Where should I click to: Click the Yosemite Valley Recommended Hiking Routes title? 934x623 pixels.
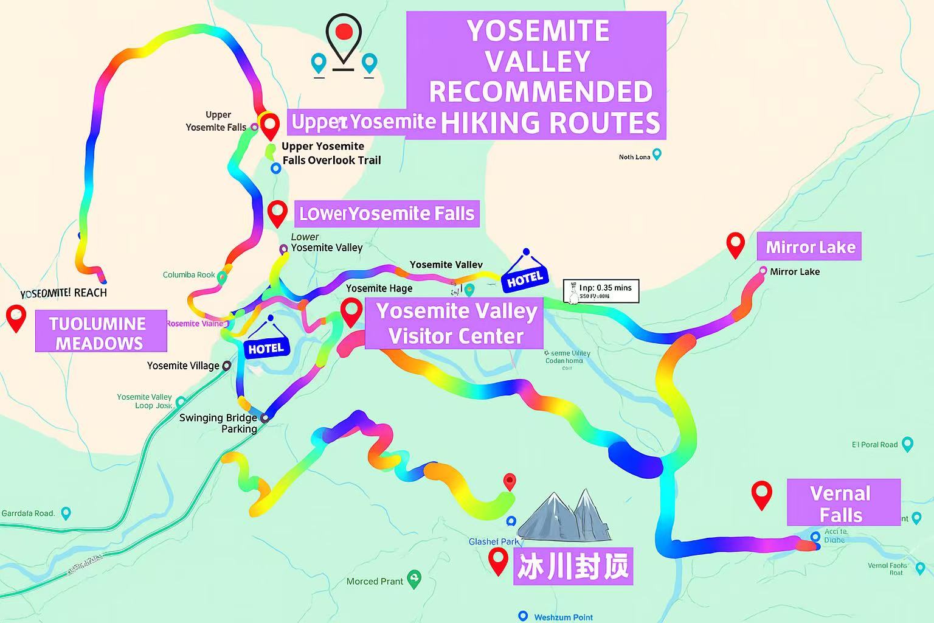pyautogui.click(x=536, y=76)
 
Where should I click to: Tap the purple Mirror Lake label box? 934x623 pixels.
pyautogui.click(x=809, y=246)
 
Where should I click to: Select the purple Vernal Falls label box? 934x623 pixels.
pyautogui.click(x=843, y=503)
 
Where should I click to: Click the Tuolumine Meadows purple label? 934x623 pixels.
pyautogui.click(x=100, y=332)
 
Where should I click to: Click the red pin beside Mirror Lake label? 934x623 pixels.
pyautogui.click(x=736, y=245)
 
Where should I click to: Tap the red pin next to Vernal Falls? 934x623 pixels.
pyautogui.click(x=761, y=494)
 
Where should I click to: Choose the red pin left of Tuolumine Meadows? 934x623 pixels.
pyautogui.click(x=16, y=318)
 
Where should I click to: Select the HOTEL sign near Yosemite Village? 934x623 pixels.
pyautogui.click(x=266, y=345)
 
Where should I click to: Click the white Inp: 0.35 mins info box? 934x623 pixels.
pyautogui.click(x=601, y=291)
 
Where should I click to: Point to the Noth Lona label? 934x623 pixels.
pyautogui.click(x=634, y=157)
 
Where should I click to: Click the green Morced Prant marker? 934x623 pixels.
pyautogui.click(x=414, y=579)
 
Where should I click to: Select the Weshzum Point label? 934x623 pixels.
pyautogui.click(x=562, y=617)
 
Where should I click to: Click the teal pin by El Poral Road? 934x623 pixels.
pyautogui.click(x=907, y=444)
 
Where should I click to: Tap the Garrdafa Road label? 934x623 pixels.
pyautogui.click(x=29, y=513)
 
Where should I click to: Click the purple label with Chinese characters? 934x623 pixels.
pyautogui.click(x=573, y=566)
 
